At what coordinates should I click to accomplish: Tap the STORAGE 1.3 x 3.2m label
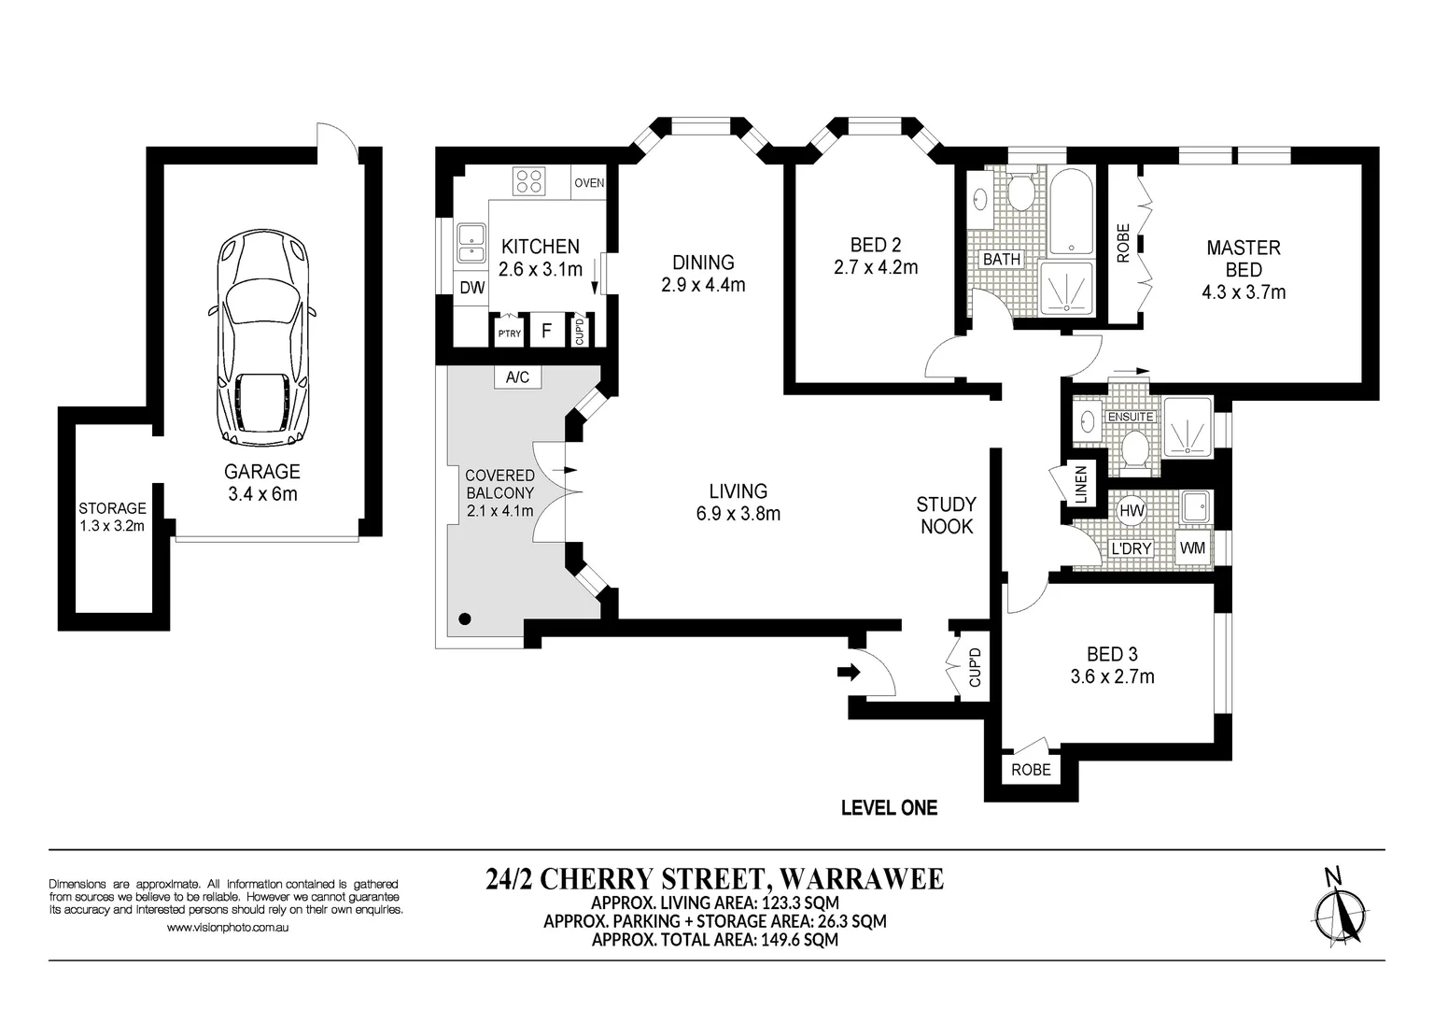click(x=112, y=517)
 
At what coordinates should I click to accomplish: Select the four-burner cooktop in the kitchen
click(x=528, y=180)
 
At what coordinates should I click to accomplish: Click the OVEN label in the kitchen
click(x=589, y=182)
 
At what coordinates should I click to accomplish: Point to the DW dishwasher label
click(x=472, y=289)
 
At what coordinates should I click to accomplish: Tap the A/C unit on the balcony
click(x=518, y=377)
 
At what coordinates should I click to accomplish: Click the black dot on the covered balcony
click(x=466, y=618)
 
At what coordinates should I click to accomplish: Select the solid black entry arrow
click(x=849, y=672)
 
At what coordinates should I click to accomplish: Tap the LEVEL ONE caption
click(x=889, y=808)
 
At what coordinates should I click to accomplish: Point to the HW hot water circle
click(x=1132, y=511)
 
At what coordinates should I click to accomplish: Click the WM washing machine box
click(x=1192, y=548)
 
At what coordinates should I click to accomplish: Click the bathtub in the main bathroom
click(x=1072, y=212)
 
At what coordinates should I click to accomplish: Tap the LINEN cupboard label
click(x=1082, y=484)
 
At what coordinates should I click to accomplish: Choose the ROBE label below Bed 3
click(x=1031, y=770)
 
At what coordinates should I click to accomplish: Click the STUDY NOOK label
click(x=946, y=515)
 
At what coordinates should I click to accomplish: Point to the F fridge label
click(x=546, y=331)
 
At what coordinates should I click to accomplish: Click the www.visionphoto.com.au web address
click(x=227, y=927)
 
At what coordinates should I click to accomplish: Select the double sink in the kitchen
click(x=471, y=244)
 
